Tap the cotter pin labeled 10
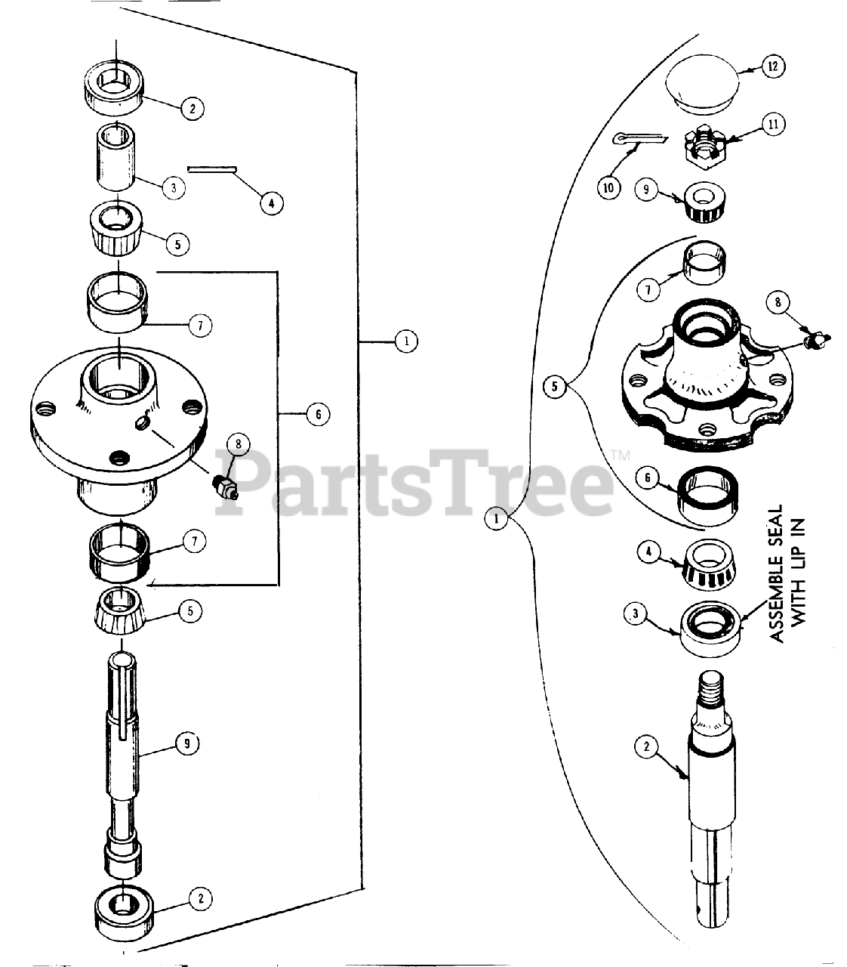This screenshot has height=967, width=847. point(640,137)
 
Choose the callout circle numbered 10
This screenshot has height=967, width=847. point(608,187)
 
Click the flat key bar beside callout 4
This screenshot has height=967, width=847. point(213,169)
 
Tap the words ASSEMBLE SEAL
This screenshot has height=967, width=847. point(778,574)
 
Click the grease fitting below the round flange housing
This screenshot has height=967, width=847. point(224,487)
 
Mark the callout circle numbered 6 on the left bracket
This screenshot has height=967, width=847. point(317,414)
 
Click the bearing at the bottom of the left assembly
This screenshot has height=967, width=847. point(123,912)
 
